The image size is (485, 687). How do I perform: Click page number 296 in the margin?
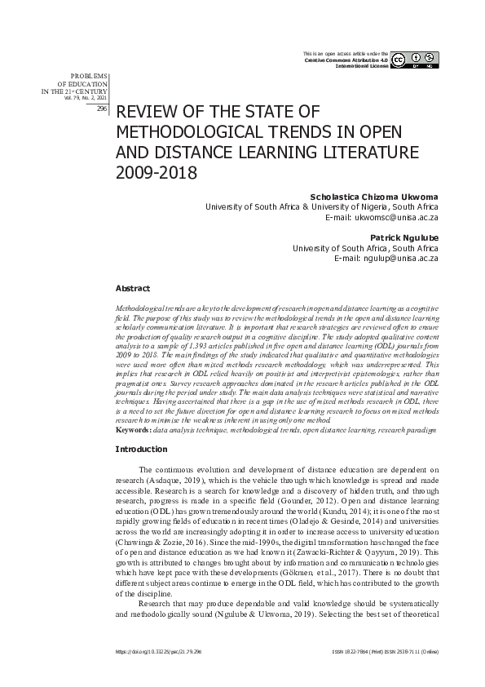(x=102, y=108)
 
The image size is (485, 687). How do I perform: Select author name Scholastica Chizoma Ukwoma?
(x=376, y=197)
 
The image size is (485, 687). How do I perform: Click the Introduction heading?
(x=141, y=449)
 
